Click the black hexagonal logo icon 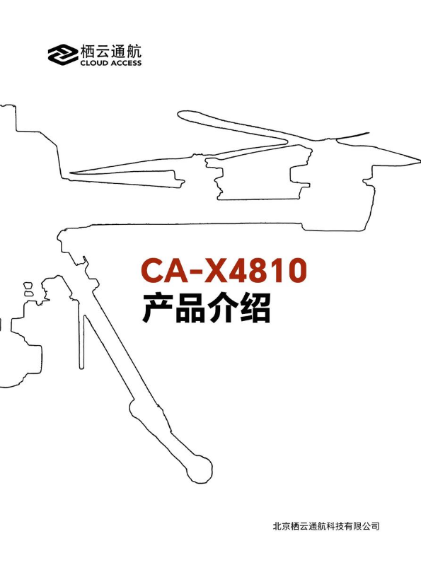point(63,54)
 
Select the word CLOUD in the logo point(94,63)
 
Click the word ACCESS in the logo point(126,63)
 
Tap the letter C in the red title point(153,269)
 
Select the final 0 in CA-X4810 point(296,269)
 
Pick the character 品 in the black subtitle point(190,308)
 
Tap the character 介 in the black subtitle point(221,308)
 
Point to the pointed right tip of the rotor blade point(420,159)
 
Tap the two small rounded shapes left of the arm point(28,289)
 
